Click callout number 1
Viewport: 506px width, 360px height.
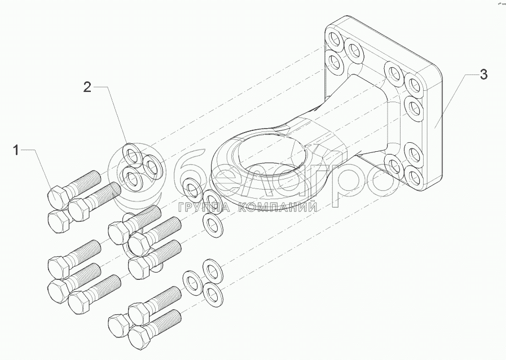[16, 150]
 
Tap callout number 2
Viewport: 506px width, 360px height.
[87, 86]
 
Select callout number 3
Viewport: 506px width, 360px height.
[483, 74]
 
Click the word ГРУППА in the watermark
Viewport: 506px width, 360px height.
[203, 208]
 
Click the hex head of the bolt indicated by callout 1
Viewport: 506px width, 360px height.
[57, 197]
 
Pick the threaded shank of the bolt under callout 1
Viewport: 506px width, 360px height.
[84, 181]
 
